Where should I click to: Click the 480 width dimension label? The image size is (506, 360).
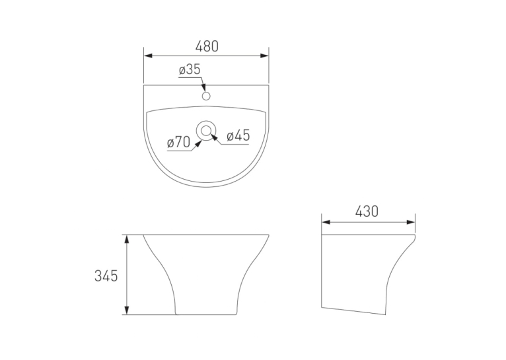pyautogui.click(x=207, y=46)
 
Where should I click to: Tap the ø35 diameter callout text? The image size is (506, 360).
pyautogui.click(x=190, y=69)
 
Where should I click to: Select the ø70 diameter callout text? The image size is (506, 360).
pyautogui.click(x=179, y=142)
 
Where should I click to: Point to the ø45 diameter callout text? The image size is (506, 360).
pyautogui.click(x=238, y=136)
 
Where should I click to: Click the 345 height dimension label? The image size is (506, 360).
pyautogui.click(x=106, y=276)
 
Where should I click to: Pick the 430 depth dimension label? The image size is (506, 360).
pyautogui.click(x=367, y=211)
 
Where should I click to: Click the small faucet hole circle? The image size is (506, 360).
pyautogui.click(x=206, y=96)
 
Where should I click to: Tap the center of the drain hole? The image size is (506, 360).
pyautogui.click(x=206, y=130)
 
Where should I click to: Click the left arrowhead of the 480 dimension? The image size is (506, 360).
pyautogui.click(x=148, y=55)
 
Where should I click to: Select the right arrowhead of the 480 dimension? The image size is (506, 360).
pyautogui.click(x=264, y=55)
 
